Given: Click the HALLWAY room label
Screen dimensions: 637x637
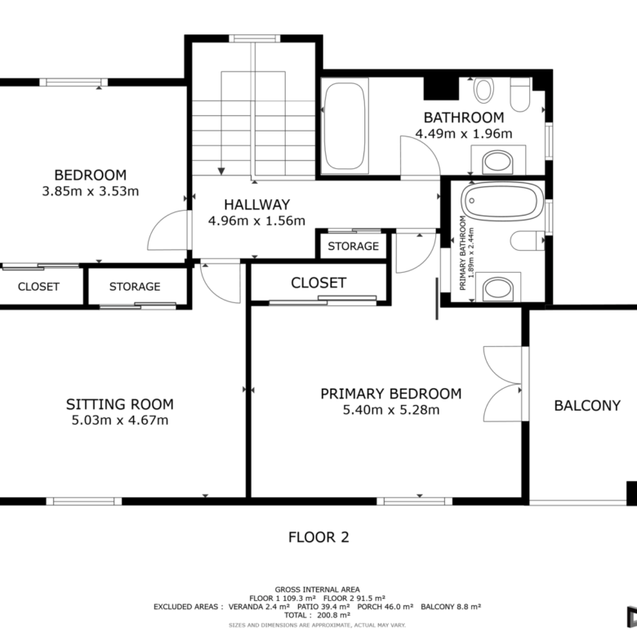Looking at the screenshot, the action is click(256, 204).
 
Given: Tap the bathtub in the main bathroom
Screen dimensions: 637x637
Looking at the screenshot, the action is click(345, 126).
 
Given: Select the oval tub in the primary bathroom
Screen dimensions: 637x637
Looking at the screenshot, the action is click(502, 202).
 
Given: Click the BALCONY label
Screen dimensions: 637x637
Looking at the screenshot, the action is click(587, 405).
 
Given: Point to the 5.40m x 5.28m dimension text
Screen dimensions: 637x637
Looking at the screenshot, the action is click(391, 410).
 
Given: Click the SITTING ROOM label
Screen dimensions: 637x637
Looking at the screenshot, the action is click(120, 404).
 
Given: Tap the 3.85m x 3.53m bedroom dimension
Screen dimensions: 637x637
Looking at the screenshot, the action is click(90, 191).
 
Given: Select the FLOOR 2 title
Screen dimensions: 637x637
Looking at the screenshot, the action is click(318, 537).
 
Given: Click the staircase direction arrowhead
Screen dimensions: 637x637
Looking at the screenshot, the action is click(221, 171).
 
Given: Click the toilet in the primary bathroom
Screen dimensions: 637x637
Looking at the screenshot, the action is click(528, 240).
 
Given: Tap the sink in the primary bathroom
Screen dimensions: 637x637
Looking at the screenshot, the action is click(498, 289).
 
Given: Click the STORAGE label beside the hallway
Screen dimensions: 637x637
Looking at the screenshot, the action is click(353, 246).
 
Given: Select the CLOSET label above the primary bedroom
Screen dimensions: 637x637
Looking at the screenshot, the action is click(318, 283).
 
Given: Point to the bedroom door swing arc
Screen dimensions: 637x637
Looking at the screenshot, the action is click(168, 230).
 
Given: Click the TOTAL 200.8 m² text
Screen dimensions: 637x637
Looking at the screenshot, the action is click(318, 615).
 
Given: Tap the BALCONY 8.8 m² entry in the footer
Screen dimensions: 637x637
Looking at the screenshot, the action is click(451, 607).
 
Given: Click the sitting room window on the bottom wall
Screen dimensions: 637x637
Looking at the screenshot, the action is click(83, 501).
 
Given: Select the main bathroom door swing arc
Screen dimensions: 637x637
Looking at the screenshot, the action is click(421, 158).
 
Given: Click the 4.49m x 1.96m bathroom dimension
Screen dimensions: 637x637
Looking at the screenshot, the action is click(464, 134).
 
